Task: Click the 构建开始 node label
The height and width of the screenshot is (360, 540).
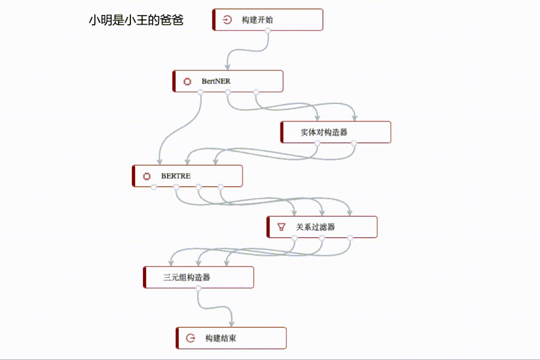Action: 257,20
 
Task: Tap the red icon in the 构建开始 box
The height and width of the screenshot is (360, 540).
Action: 227,20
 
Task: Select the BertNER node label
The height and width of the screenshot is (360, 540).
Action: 216,81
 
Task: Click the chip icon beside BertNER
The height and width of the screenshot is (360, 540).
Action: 187,81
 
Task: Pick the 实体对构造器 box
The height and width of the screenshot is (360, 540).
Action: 335,132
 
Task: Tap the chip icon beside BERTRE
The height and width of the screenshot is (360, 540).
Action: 146,176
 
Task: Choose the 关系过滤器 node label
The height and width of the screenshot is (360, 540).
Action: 315,227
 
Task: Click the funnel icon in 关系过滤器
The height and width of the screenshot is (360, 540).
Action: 281,227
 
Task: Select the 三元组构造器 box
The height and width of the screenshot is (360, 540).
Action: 198,277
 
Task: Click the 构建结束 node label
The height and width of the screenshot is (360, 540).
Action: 220,338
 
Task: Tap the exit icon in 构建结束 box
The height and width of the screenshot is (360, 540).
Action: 190,338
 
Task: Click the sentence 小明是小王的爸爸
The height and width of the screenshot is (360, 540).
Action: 136,20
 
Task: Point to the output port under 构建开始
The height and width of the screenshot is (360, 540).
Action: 268,31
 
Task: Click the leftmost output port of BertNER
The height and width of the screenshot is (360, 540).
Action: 200,92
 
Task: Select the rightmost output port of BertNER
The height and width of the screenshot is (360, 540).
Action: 255,92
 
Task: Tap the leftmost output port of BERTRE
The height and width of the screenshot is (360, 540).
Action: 154,187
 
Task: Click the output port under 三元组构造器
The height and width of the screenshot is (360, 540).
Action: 198,288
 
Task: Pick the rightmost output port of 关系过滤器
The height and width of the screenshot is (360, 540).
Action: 350,238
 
